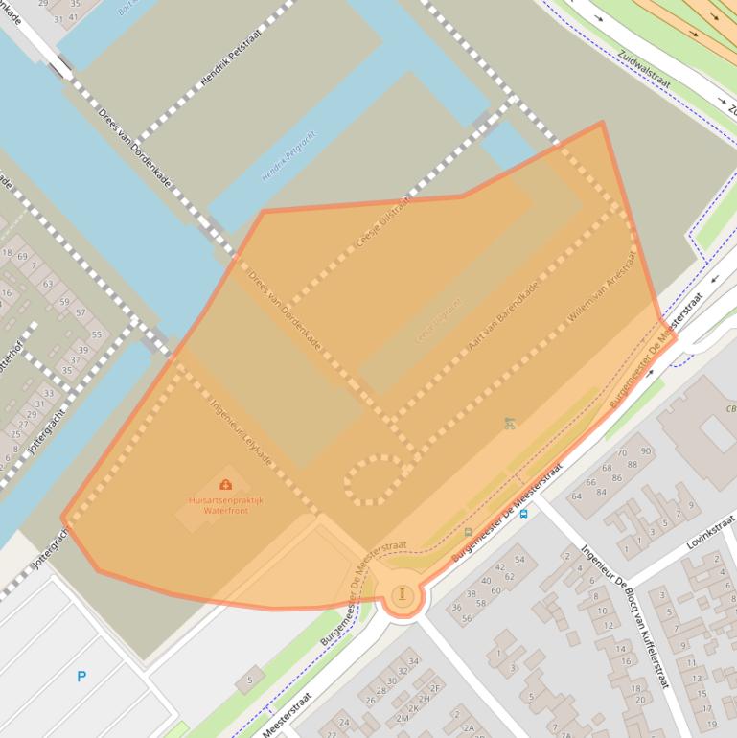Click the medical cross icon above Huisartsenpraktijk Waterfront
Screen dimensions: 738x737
(x=225, y=485)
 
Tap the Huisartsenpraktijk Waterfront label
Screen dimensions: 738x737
(x=226, y=505)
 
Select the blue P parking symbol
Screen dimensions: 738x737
(x=81, y=677)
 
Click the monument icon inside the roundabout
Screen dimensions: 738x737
(x=403, y=593)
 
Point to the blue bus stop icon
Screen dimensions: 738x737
(x=523, y=513)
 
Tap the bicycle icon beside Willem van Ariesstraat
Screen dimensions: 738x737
(x=510, y=423)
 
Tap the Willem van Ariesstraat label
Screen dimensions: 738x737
(x=602, y=288)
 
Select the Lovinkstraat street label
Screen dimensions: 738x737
(x=710, y=531)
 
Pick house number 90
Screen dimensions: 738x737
(x=646, y=451)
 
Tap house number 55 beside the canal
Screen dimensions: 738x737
(x=96, y=334)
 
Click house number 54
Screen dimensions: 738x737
(x=519, y=559)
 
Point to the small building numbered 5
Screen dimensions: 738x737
(x=250, y=680)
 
